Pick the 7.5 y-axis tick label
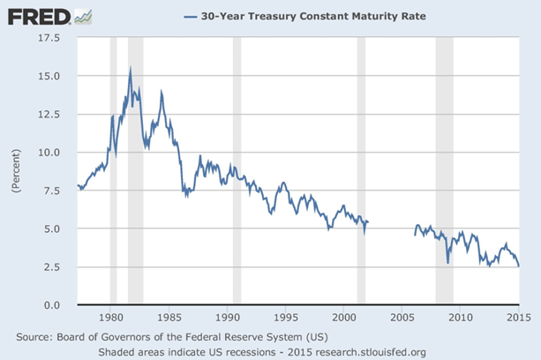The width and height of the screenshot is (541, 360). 49,190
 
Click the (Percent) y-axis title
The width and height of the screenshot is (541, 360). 15,171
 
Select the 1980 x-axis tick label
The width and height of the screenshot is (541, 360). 110,316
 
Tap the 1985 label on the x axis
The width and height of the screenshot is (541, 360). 169,316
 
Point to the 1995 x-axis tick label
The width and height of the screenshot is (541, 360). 285,316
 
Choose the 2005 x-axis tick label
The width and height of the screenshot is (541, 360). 402,316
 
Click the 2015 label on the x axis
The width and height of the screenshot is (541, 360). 517,316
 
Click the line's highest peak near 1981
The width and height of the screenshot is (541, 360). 130,68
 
